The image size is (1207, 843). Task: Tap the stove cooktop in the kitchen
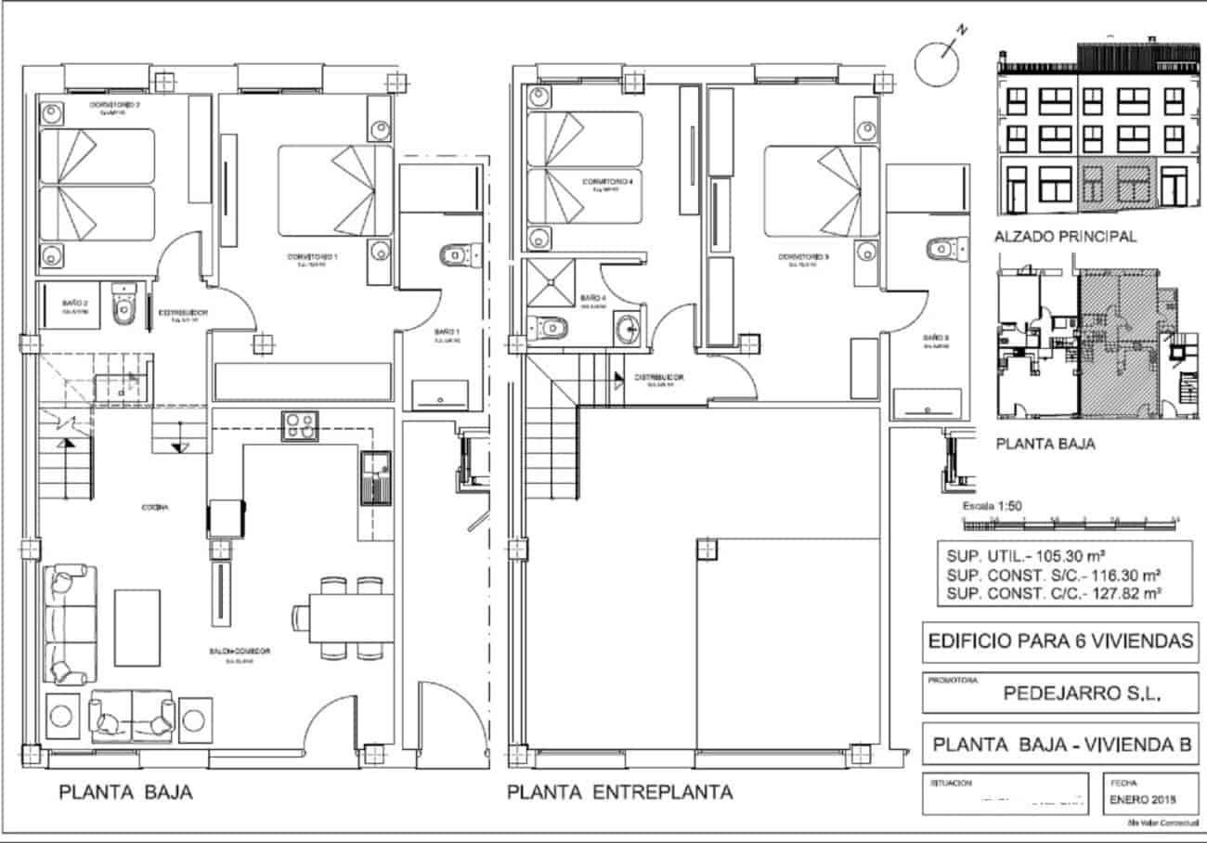point(299,425)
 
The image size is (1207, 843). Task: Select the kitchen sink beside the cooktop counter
point(375,476)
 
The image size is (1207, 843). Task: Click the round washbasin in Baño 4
point(629,326)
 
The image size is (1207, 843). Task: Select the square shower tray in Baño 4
point(551,282)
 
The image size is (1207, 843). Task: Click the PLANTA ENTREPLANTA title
point(619,793)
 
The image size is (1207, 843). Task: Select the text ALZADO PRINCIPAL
point(1065,237)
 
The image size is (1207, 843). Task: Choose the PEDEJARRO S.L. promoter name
point(1083,693)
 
